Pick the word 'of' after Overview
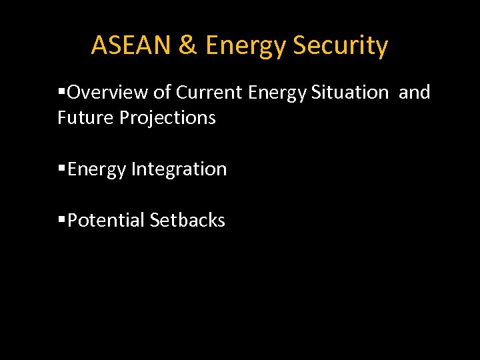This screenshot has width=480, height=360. (x=158, y=92)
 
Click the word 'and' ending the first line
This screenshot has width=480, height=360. (x=415, y=92)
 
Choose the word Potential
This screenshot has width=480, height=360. (x=106, y=220)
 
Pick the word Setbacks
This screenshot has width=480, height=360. (x=187, y=220)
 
